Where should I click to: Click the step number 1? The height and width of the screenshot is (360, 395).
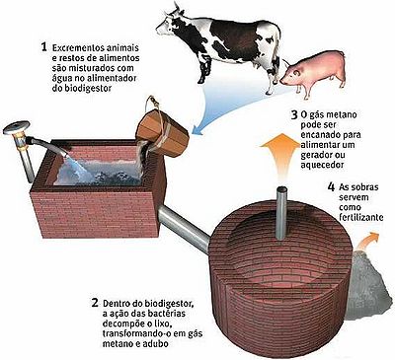click(44, 47)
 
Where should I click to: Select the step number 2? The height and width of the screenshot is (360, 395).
click(95, 302)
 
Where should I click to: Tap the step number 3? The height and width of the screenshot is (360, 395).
click(294, 114)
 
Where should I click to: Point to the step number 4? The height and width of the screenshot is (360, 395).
click(331, 187)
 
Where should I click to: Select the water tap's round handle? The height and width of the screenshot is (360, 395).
click(17, 127)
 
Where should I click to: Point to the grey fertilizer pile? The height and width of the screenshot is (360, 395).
click(368, 283)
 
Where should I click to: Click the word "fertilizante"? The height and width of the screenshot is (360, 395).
click(360, 217)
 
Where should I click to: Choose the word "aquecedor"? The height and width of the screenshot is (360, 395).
click(322, 165)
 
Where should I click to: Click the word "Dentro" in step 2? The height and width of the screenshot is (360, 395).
click(116, 303)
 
